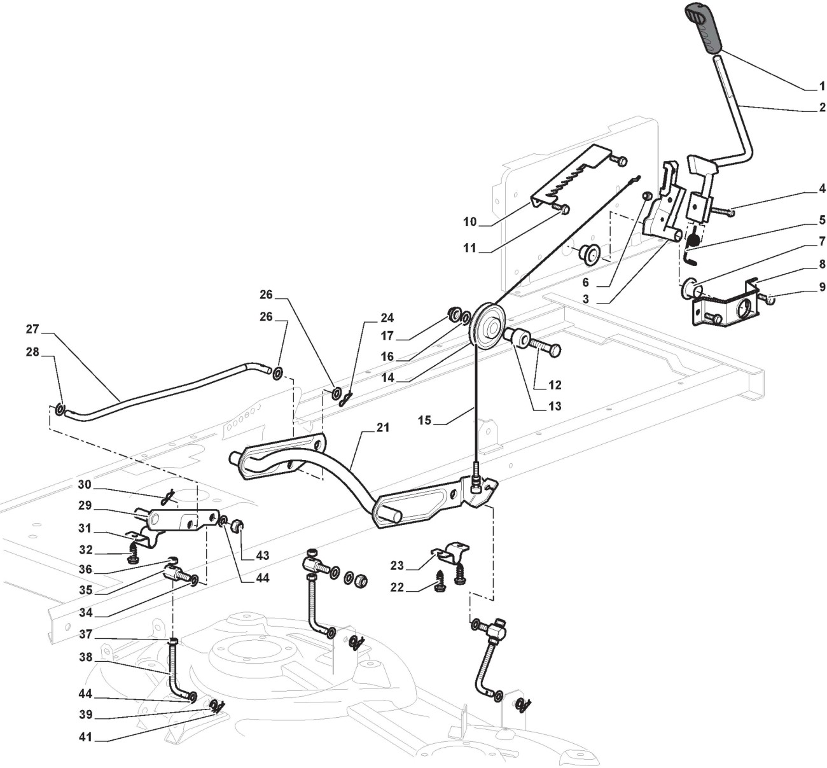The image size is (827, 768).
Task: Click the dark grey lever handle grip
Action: click(705, 28)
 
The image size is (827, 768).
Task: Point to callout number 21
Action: click(382, 428)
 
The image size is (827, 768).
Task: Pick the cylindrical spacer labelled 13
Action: click(518, 338)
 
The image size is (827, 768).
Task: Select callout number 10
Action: click(470, 222)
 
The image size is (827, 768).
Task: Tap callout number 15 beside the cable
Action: click(424, 421)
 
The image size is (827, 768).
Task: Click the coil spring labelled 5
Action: click(695, 239)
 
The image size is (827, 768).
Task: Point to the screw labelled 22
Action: click(439, 583)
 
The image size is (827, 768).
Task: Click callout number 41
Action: click(86, 737)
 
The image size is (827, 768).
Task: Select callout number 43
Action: click(261, 555)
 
